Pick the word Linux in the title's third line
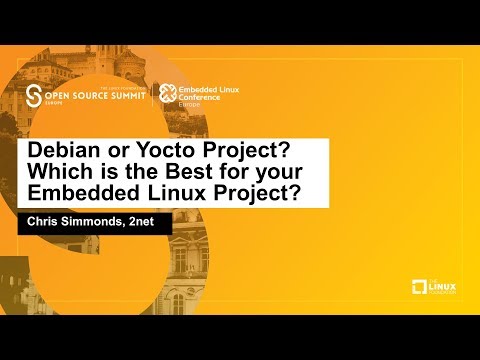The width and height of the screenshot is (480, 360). (x=166, y=193)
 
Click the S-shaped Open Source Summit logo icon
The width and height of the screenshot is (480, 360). (x=35, y=97)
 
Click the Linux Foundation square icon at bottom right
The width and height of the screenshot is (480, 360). (x=420, y=288)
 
